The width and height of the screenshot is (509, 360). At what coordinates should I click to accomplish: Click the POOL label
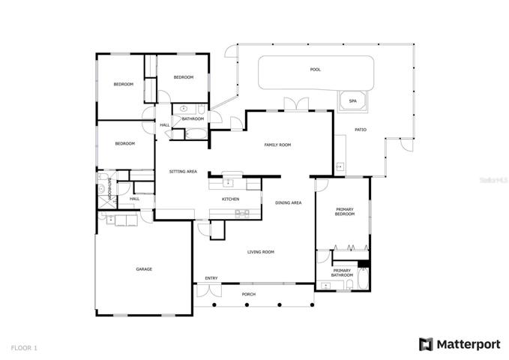point(315,70)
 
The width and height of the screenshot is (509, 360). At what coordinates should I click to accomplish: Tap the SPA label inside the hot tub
point(352,101)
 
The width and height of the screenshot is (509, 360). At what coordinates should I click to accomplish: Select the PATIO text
point(361,130)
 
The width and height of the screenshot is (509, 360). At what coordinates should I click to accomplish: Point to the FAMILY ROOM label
point(277,145)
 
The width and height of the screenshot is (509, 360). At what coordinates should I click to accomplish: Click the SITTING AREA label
point(183,172)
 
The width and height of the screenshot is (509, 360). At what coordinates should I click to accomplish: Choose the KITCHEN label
point(230,199)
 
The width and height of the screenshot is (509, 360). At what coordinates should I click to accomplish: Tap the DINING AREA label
point(289,202)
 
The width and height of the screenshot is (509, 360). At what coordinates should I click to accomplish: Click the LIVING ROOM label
point(261,252)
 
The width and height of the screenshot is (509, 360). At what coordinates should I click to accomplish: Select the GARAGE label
point(144,269)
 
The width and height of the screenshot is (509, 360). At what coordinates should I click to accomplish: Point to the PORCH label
point(249,294)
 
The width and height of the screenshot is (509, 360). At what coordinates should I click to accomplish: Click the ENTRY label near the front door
point(211,278)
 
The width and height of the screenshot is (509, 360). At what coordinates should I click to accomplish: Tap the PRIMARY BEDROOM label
point(345,211)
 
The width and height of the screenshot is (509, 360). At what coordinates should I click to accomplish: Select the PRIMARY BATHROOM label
point(342,273)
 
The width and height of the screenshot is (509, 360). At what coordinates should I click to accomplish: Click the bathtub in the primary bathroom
point(363,278)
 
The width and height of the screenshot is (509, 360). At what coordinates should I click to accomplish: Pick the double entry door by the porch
point(209,290)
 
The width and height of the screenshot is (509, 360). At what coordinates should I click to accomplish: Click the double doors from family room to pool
point(296,104)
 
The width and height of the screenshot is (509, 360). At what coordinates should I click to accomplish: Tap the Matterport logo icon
point(426,344)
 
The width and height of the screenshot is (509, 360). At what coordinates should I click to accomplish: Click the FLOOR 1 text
point(24,348)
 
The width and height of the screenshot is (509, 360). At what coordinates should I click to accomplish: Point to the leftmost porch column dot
point(214,304)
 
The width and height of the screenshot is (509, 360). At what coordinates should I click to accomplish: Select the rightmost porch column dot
point(312,304)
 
